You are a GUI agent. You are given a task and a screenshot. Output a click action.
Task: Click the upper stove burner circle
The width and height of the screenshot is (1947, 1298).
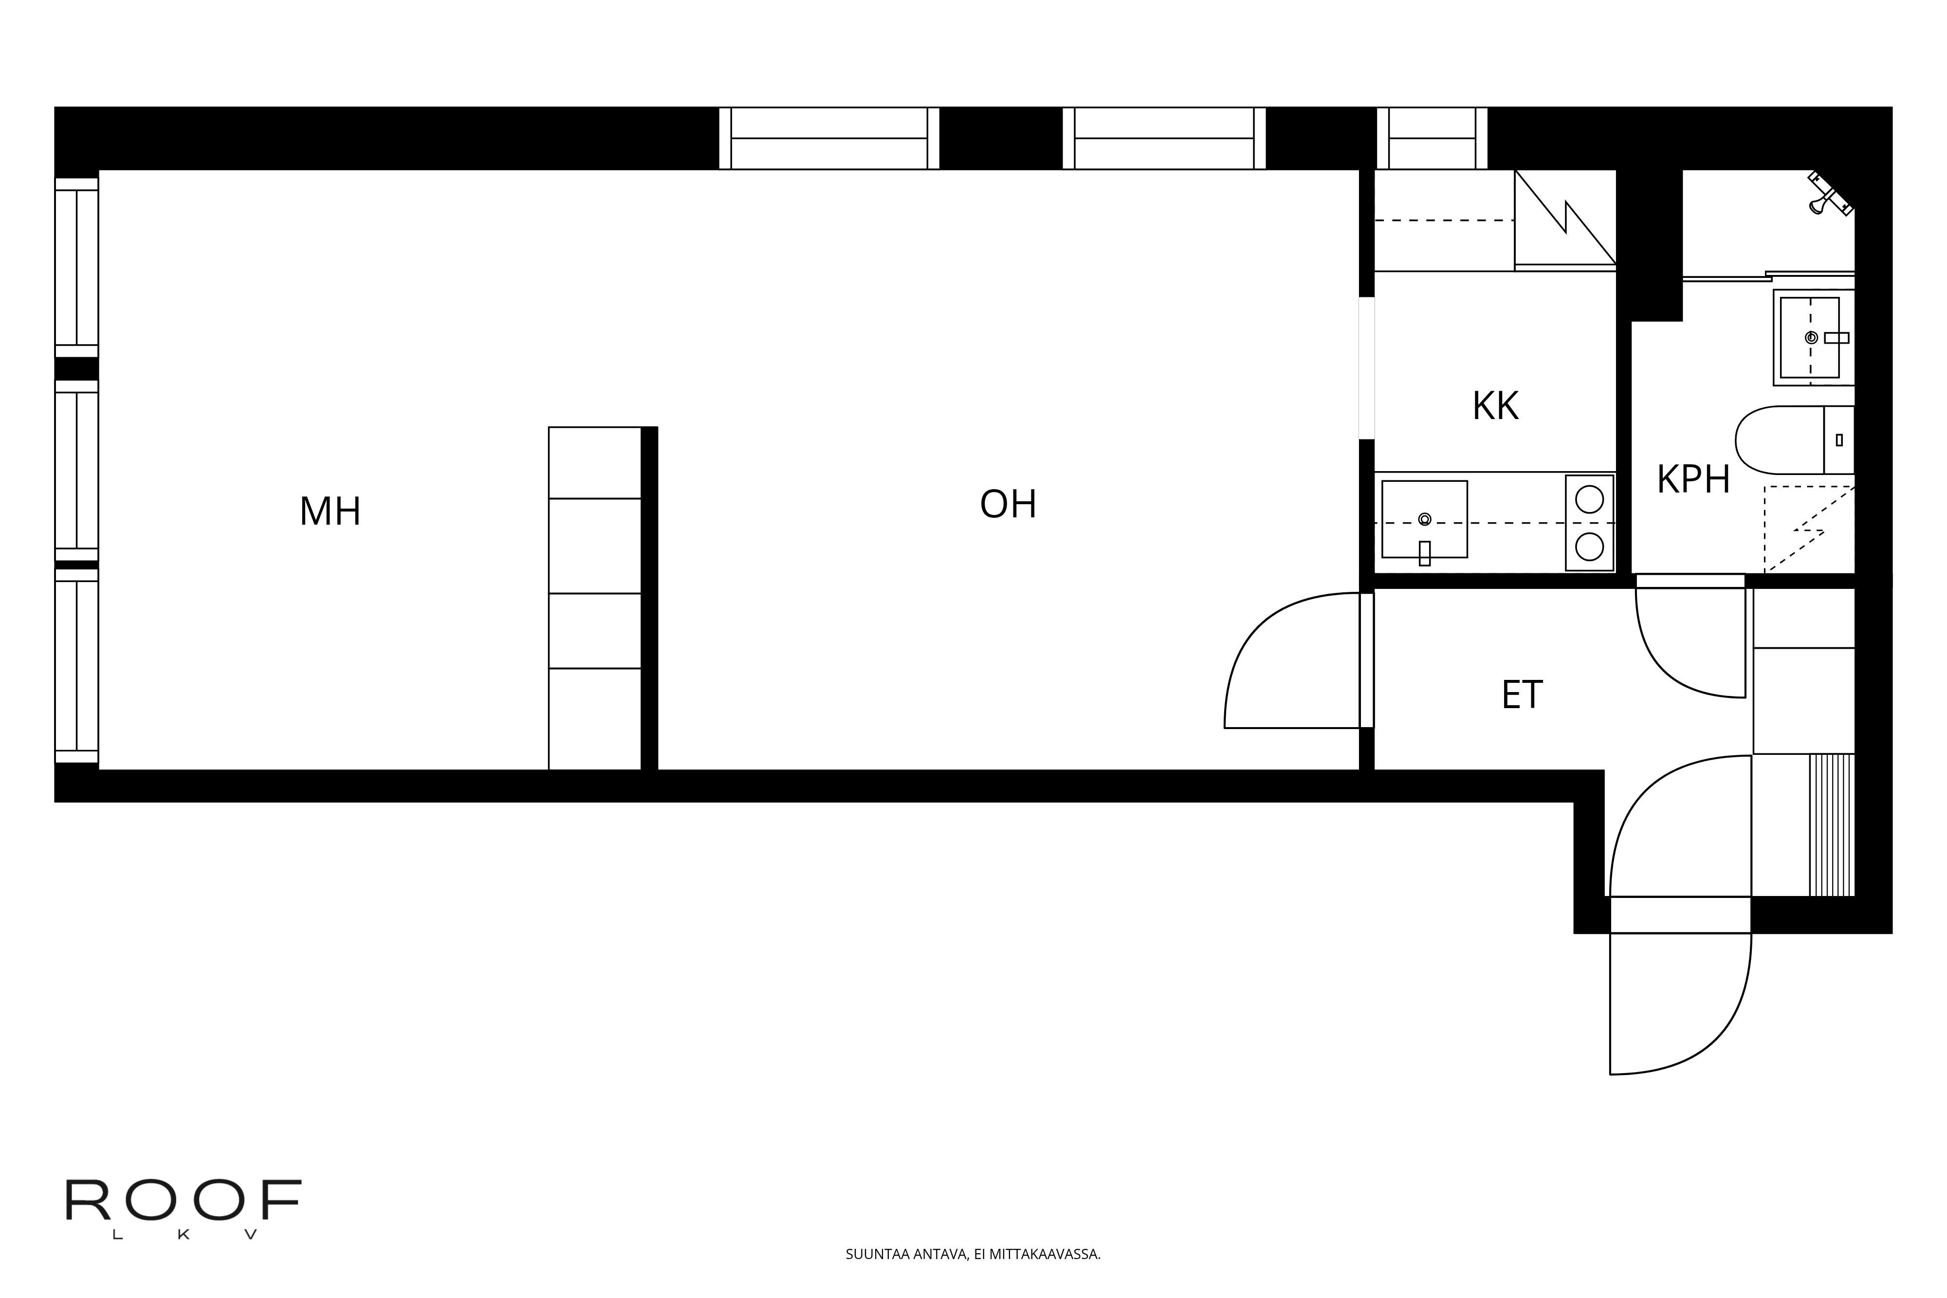tap(1589, 499)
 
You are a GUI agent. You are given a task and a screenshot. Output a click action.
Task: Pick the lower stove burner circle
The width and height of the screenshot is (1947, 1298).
tap(1589, 547)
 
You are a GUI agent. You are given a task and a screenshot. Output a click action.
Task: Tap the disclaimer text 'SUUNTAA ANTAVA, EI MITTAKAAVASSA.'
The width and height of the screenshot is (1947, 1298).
tap(973, 1254)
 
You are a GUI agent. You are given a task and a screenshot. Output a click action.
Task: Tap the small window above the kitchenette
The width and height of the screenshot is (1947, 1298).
tap(1432, 138)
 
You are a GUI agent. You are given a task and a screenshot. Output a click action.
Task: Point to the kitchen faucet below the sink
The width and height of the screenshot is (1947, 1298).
tap(1425, 553)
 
